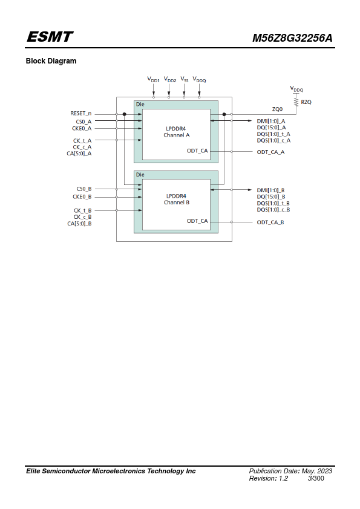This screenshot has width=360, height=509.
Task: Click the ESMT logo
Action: click(x=50, y=37)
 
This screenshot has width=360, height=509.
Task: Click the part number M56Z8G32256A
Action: click(x=292, y=38)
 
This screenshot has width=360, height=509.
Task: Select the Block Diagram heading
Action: click(x=51, y=61)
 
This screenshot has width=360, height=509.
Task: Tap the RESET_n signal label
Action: click(x=81, y=113)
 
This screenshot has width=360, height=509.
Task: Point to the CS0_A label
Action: click(x=84, y=122)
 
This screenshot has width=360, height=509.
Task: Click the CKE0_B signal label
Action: click(x=82, y=196)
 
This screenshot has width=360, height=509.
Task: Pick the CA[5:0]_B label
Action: click(x=80, y=223)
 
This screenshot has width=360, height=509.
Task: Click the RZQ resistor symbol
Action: click(x=296, y=102)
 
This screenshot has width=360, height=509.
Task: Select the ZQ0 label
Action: click(x=278, y=109)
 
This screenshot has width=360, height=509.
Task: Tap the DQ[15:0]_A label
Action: click(x=271, y=128)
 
